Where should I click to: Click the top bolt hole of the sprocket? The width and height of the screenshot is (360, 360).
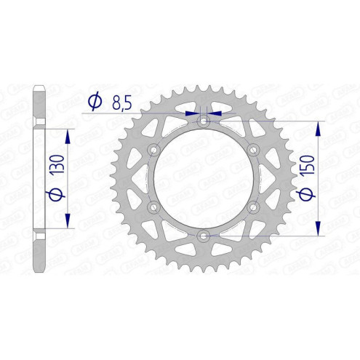(x=203, y=120)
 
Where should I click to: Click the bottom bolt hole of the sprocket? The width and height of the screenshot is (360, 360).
(x=203, y=236)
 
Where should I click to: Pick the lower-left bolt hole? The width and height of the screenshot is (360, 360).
(x=153, y=207)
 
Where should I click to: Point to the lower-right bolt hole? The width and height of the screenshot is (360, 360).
(x=254, y=207)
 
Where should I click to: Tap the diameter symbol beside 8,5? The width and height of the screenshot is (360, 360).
(x=94, y=104)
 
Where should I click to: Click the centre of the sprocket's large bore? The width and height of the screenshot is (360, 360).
(x=203, y=178)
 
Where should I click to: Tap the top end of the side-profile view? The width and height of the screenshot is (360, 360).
(x=41, y=89)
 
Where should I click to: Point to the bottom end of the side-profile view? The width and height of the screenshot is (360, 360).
(x=41, y=269)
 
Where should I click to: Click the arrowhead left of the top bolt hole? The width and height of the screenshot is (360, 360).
(x=192, y=113)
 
